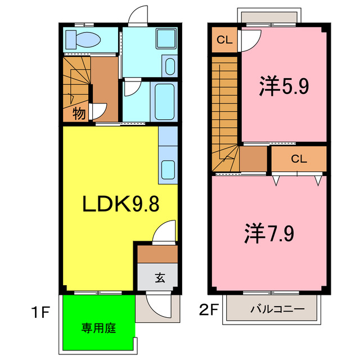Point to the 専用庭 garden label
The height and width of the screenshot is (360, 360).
coord(98,327)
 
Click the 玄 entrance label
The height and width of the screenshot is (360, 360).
coord(159,277)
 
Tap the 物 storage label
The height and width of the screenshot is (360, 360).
coord(79,114)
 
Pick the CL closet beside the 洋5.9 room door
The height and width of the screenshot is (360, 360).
coord(223,40)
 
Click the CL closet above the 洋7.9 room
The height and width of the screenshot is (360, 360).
coord(299,159)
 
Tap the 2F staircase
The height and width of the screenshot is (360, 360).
coord(226,112)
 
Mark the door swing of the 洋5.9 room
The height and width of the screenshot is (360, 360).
coord(250,40)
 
